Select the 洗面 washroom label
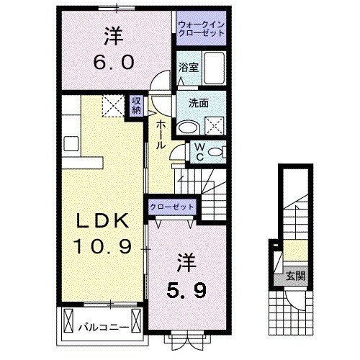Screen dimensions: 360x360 click(x=199, y=102)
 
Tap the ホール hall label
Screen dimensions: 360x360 click(x=160, y=135)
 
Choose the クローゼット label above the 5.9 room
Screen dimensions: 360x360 click(x=173, y=207)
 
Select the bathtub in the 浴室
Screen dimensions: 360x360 click(x=213, y=68)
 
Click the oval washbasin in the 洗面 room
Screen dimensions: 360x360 click(x=188, y=128)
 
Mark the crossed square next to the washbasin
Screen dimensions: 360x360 click(x=214, y=127)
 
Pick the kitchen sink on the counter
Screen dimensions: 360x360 click(x=71, y=143)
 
